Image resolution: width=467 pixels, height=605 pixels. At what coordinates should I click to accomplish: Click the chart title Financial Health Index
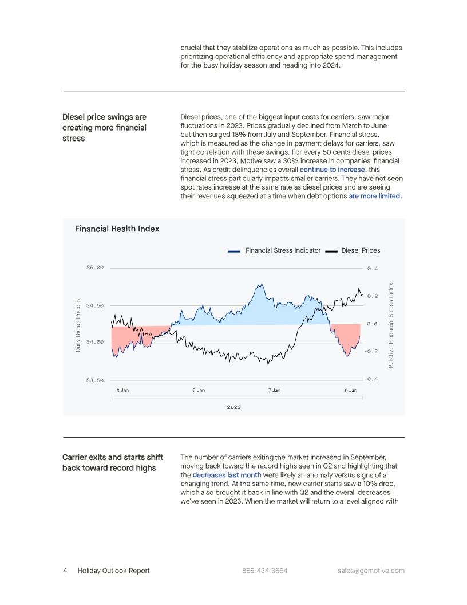click(117, 229)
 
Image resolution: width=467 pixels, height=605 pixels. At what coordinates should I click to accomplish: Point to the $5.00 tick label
click(95, 268)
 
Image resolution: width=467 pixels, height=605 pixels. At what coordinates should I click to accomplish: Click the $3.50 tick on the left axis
click(95, 380)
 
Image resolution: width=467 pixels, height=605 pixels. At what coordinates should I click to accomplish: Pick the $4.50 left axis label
click(95, 306)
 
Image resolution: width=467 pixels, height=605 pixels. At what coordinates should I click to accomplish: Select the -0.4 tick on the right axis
click(371, 379)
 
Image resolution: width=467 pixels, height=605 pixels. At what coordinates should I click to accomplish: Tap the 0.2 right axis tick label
click(373, 296)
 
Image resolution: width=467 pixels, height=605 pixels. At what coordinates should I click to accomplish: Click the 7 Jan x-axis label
click(274, 390)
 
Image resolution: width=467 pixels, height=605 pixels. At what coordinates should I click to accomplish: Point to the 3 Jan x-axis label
click(122, 390)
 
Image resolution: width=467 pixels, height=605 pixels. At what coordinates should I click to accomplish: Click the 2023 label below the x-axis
click(233, 407)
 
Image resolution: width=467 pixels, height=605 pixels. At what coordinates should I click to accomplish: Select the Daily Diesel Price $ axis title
click(78, 325)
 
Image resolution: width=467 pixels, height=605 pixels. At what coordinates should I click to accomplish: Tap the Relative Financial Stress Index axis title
click(391, 325)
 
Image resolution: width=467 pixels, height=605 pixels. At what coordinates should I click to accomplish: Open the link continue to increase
click(332, 170)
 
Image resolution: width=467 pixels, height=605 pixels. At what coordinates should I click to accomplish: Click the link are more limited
click(375, 196)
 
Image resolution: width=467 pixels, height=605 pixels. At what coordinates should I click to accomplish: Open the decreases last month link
click(227, 475)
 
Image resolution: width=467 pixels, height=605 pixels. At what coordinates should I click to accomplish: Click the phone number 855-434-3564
click(264, 571)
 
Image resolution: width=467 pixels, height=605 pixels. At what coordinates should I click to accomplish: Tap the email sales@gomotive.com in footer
click(371, 571)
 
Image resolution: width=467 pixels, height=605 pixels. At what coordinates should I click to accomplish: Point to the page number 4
click(65, 571)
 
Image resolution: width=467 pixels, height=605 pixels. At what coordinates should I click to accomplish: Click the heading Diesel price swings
click(104, 117)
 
